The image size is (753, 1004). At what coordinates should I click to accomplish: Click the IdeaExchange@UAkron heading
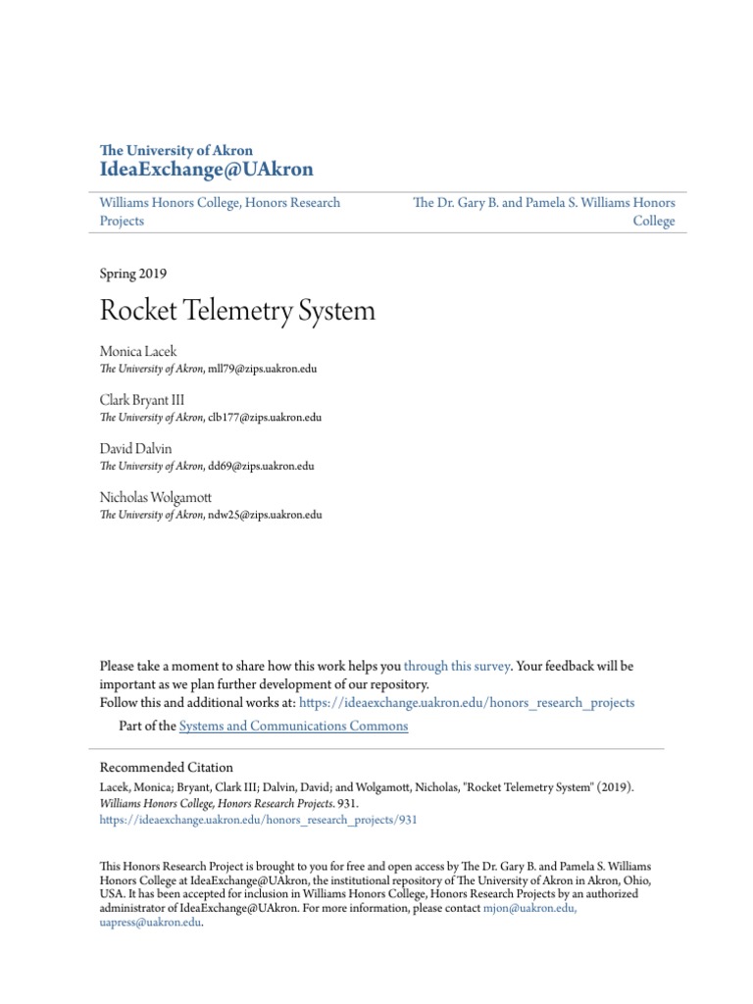tap(207, 170)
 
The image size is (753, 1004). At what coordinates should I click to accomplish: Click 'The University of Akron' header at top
tap(176, 150)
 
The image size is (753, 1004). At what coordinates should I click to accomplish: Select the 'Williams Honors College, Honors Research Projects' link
tap(220, 211)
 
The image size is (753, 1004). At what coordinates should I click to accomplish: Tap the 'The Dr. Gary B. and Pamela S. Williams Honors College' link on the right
tap(544, 211)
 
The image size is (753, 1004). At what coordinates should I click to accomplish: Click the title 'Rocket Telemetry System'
tap(237, 311)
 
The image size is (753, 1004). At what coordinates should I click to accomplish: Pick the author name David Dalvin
tap(136, 448)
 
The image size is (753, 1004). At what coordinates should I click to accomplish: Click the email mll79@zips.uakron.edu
tap(263, 369)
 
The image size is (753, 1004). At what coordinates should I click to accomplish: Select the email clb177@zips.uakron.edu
tap(265, 417)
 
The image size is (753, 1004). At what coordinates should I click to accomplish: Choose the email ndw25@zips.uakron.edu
tap(265, 514)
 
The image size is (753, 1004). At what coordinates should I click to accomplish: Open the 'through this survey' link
tap(457, 666)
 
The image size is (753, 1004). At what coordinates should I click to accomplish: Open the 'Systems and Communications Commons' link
tap(293, 727)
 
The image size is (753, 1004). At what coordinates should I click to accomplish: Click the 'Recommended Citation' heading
tap(167, 768)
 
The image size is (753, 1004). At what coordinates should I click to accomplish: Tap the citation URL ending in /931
tap(259, 820)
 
